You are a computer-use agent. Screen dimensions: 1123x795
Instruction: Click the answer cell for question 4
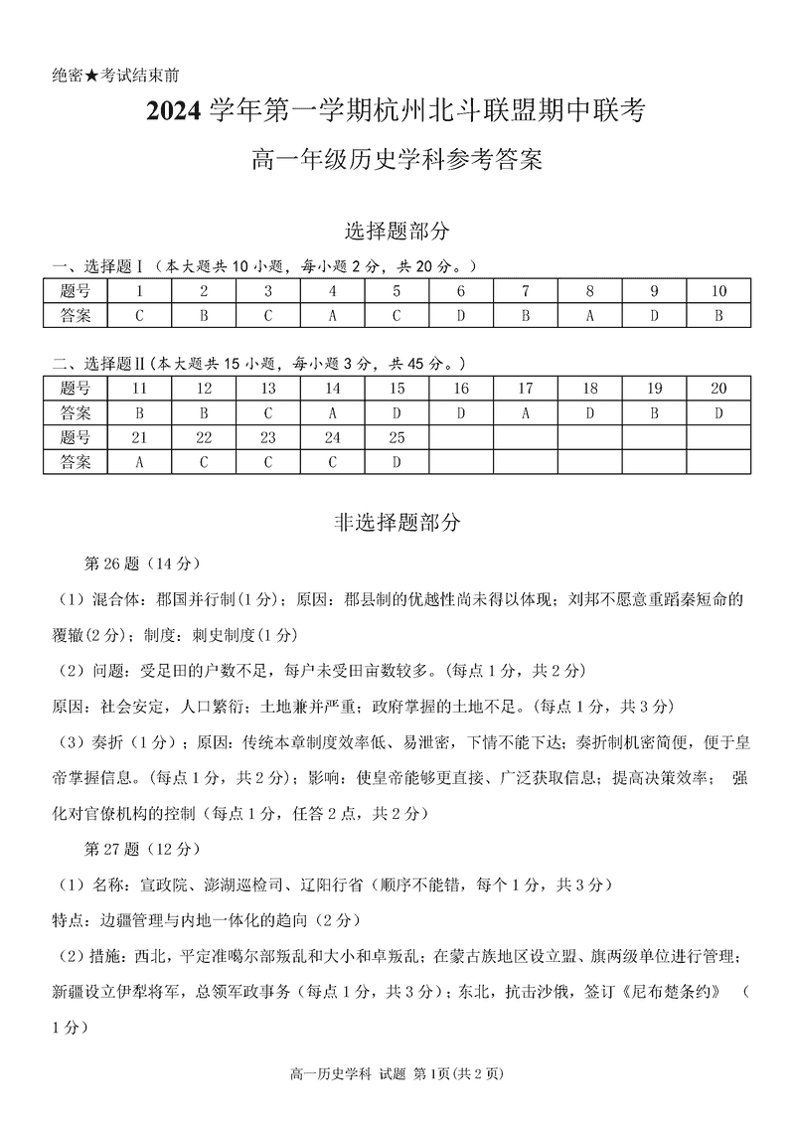coord(333,315)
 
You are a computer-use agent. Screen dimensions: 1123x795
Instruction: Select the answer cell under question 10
coord(719,315)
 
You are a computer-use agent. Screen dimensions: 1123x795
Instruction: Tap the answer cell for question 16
coord(461,412)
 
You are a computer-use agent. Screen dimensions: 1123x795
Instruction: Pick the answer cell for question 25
coord(397,461)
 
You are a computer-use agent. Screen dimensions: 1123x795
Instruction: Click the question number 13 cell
coord(268,389)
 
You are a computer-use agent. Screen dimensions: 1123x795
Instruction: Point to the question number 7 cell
coord(526,291)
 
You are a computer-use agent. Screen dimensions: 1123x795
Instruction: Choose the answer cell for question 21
coord(139,461)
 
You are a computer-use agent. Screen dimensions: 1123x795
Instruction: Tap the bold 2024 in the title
coord(176,113)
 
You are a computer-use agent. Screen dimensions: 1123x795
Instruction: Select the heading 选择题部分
coord(397,231)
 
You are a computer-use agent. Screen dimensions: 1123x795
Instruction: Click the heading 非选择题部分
coord(397,521)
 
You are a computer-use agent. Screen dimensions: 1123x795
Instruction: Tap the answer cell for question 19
coord(655,412)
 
